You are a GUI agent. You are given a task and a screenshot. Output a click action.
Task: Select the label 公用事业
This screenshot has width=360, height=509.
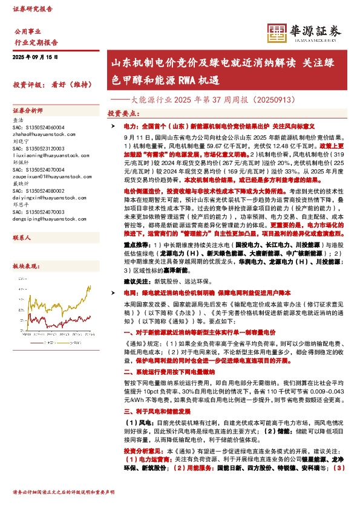point(28,31)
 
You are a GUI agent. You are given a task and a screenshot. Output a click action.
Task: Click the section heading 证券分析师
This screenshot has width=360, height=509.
point(28,111)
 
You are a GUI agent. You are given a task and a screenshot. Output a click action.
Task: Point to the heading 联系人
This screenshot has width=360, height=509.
point(22,238)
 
